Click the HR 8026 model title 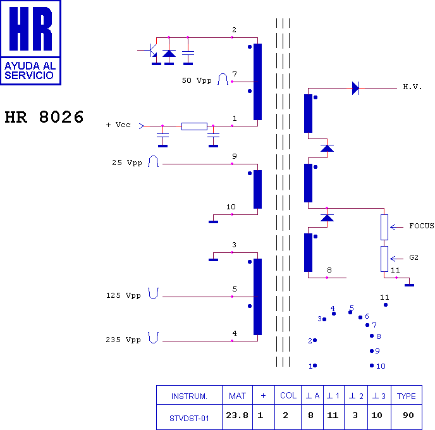pos(44,117)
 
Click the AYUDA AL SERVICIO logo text pos(30,70)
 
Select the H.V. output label pos(412,87)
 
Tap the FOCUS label pos(422,226)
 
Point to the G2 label pos(414,257)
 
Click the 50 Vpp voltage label pos(197,80)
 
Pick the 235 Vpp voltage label pos(123,340)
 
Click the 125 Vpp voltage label pos(123,295)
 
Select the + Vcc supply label pos(118,125)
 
